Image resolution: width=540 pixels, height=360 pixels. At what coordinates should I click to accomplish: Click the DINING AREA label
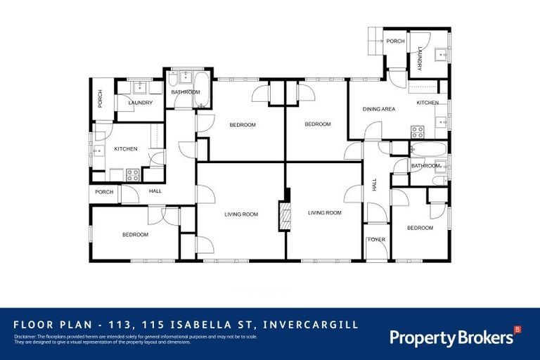(x=378, y=109)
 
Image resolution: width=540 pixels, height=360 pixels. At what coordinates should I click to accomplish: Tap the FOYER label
(x=377, y=240)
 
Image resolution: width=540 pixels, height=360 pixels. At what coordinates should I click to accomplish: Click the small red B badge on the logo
(x=517, y=329)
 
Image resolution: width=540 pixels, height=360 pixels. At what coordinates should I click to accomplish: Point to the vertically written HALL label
(x=374, y=184)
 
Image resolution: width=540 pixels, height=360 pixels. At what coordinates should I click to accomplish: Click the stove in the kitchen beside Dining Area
(x=417, y=131)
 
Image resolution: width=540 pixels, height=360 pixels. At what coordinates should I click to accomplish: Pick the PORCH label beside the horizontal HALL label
(x=104, y=192)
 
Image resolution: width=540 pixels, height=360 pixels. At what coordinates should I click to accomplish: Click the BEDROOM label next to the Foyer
(x=420, y=228)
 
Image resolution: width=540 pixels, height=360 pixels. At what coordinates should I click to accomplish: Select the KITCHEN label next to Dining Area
(x=427, y=103)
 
